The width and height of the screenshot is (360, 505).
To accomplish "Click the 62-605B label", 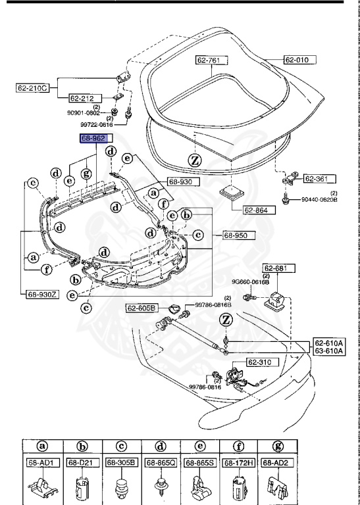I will pos(141,308).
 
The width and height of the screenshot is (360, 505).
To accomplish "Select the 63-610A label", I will pos(328,351).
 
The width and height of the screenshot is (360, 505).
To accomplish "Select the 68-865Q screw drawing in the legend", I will pos(161,487).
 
